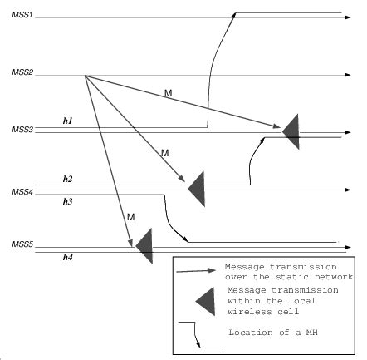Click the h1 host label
coord(68,121)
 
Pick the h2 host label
coord(68,179)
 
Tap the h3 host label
coord(68,201)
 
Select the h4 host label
coord(68,257)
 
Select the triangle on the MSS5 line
coord(144,245)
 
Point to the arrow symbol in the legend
coord(199,270)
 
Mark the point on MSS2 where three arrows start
coord(86,76)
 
